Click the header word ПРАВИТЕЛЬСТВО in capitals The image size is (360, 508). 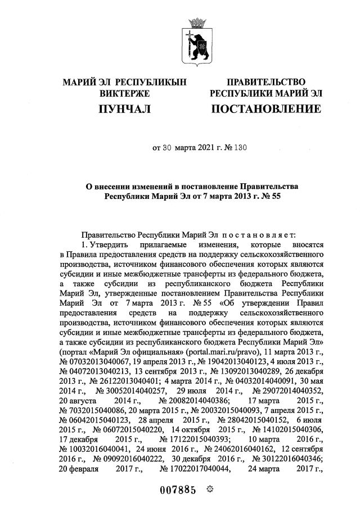tap(265, 82)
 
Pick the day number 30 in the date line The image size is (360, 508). tap(166, 148)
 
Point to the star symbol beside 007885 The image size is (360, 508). tap(211, 489)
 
